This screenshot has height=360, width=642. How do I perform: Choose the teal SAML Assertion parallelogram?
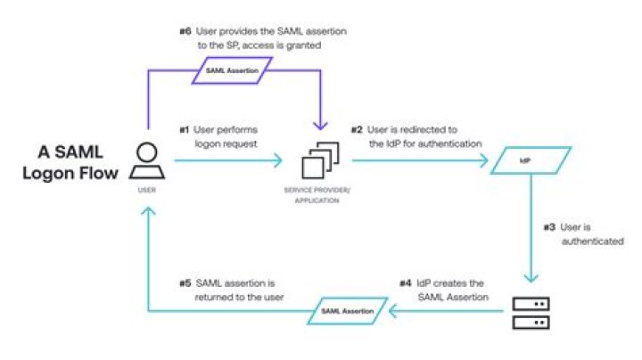[349, 310]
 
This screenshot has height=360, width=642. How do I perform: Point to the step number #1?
[184, 130]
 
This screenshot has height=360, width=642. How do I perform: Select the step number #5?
[185, 282]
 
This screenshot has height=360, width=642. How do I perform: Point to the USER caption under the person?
[146, 190]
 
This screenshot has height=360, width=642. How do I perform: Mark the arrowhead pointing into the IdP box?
[485, 161]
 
